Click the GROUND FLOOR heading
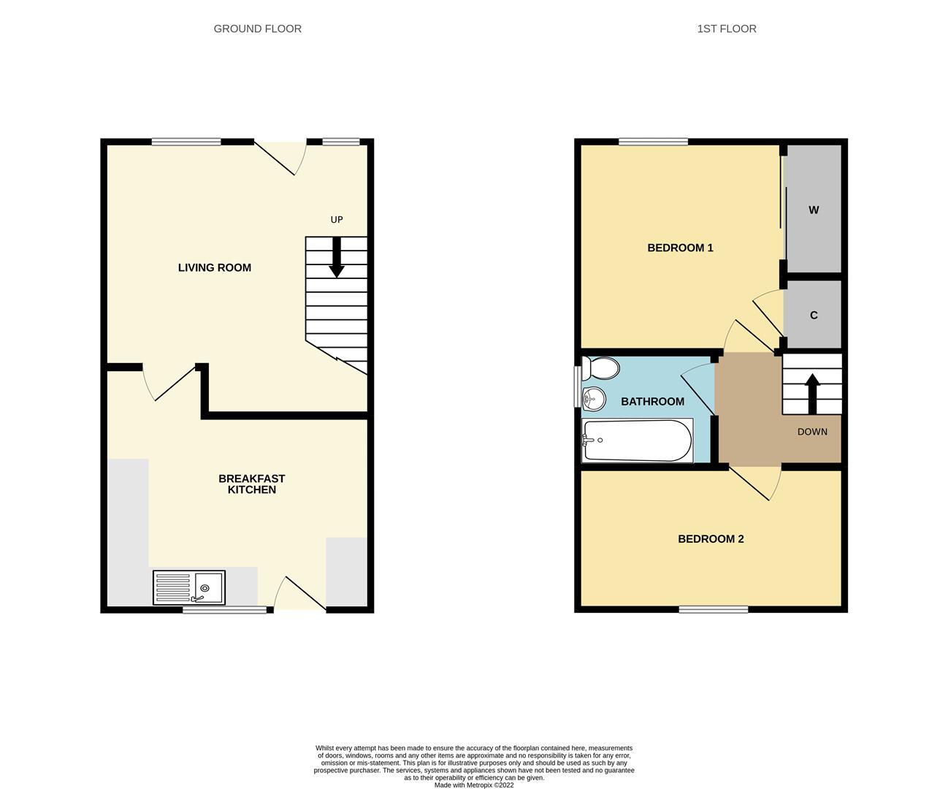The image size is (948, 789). coord(257,28)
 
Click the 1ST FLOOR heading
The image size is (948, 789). coord(726,28)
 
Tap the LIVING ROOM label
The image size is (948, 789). coord(214,267)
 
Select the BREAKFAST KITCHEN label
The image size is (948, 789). coord(252,484)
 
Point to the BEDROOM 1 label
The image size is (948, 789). coord(680,248)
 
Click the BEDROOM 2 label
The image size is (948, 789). coord(711,539)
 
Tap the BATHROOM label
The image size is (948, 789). coord(652,401)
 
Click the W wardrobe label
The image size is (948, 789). coord(814,210)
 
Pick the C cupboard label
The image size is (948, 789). coord(814,316)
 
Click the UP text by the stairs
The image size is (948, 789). coord(336,219)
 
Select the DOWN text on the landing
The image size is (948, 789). coord(812,432)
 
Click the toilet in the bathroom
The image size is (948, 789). coord(600,368)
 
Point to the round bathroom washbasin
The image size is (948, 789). coord(594,397)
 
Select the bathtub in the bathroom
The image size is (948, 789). coord(637,441)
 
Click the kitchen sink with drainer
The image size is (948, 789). coord(189,587)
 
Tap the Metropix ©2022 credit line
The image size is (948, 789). coord(474,785)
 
